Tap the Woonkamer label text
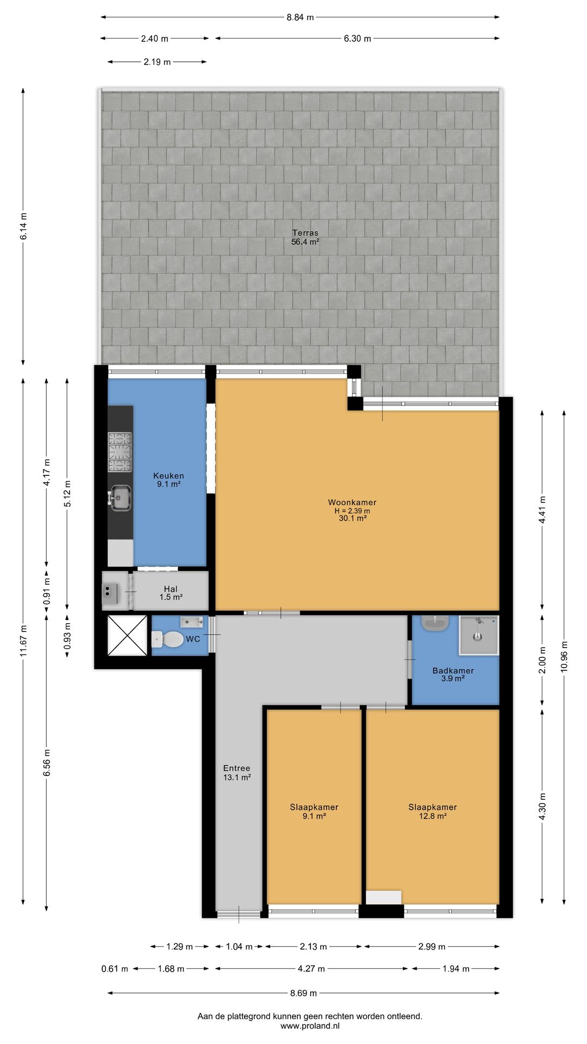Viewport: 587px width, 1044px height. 352,502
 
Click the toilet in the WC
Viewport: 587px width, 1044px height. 168,639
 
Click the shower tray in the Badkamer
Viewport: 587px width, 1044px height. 479,635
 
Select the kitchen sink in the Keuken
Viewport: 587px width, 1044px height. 121,498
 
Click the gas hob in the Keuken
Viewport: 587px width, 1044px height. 120,452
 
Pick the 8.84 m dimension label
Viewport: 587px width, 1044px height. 300,17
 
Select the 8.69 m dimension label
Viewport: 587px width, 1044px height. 303,993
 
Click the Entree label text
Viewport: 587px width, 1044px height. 237,768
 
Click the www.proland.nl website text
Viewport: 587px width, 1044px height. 310,1026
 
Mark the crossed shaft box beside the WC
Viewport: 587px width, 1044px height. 127,635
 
